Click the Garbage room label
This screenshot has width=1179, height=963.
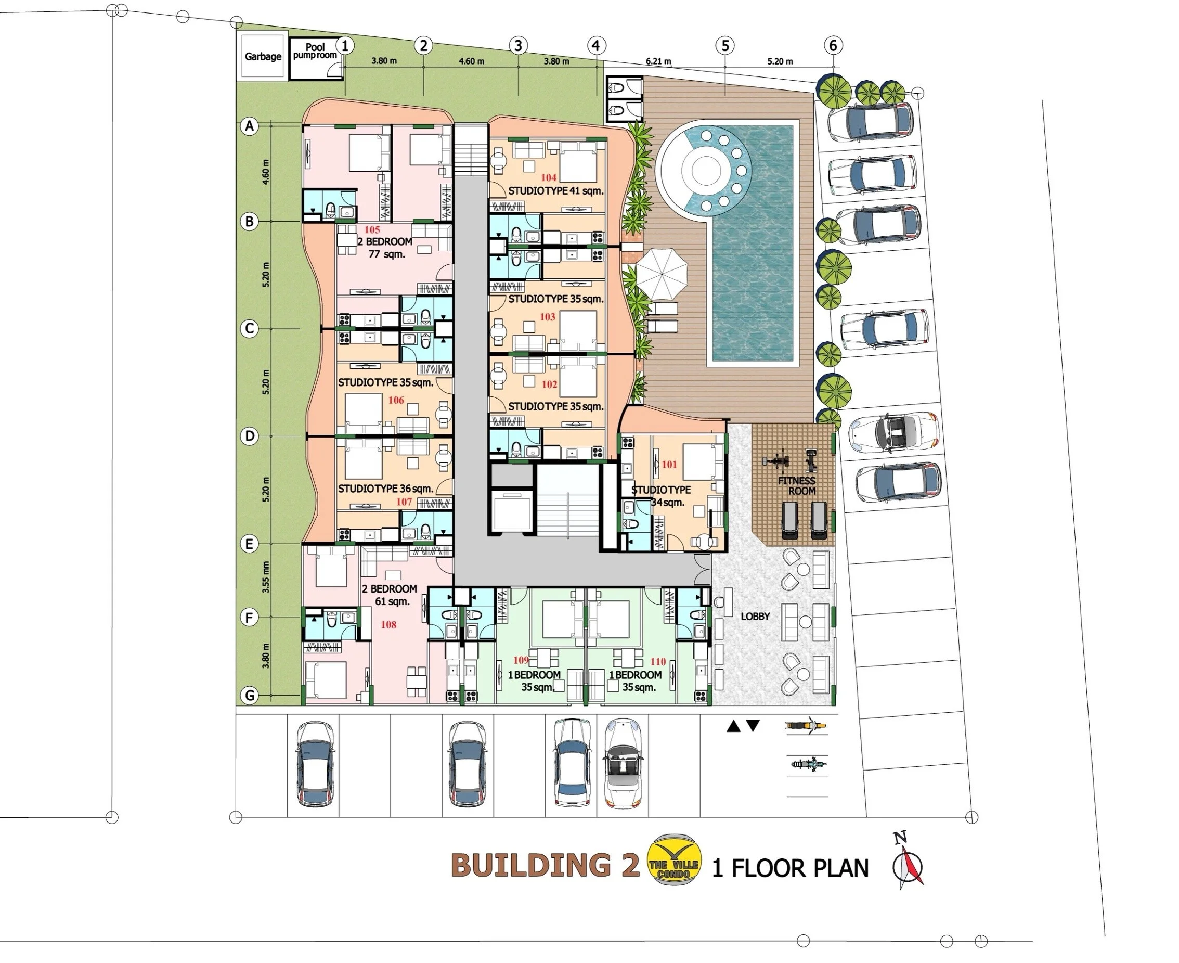point(263,57)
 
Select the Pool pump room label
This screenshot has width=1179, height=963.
point(315,51)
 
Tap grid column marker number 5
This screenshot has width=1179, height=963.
point(725,45)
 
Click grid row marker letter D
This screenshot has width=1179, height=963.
point(250,436)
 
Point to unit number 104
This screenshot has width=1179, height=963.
point(549,177)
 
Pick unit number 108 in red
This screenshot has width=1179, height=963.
point(388,625)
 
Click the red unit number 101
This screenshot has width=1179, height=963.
point(669,464)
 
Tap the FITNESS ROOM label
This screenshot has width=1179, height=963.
point(797,486)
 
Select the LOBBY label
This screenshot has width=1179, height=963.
point(755,617)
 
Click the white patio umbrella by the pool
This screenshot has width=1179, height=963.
point(661,274)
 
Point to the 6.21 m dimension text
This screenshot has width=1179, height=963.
point(658,61)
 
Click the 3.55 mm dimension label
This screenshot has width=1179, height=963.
point(266,577)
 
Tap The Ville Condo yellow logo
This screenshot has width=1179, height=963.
point(675,859)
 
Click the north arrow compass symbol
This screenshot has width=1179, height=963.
point(908,862)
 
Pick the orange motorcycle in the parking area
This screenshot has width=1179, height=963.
point(806,725)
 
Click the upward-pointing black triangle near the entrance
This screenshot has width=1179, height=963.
point(734,726)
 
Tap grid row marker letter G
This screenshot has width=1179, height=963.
point(250,695)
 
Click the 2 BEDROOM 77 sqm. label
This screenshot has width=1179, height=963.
point(385,248)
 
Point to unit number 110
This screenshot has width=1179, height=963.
point(658,661)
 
